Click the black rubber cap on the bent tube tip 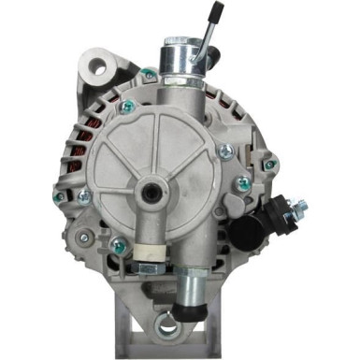point(218,12)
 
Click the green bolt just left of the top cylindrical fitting point(150,74)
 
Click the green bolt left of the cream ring point(119,246)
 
